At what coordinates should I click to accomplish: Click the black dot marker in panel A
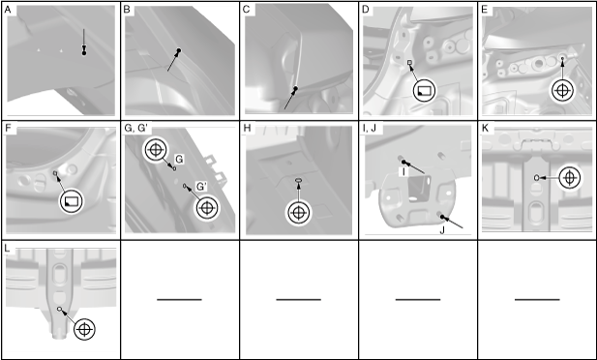(84, 53)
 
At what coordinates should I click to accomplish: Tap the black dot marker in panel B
(179, 50)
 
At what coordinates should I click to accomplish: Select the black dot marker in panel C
(295, 88)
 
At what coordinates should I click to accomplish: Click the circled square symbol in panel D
(424, 91)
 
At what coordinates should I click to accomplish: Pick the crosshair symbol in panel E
(562, 91)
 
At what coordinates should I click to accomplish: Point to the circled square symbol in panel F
(72, 200)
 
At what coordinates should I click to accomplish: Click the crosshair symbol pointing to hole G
(156, 150)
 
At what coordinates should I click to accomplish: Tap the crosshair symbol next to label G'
(206, 208)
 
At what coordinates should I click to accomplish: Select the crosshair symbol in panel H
(298, 213)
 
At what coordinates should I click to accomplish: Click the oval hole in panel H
(299, 180)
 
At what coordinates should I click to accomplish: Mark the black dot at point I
(403, 162)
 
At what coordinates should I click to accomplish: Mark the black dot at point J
(442, 217)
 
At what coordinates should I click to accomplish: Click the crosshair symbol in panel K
(569, 177)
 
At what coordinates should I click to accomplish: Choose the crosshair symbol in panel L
(84, 329)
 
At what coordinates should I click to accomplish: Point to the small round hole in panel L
(59, 309)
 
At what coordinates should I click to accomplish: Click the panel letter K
(485, 128)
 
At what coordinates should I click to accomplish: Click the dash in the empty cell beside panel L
(179, 299)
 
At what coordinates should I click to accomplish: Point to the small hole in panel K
(536, 177)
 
